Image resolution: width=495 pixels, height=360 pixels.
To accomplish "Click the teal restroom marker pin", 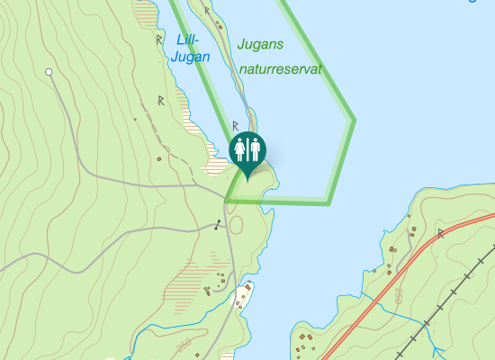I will coord(247,150).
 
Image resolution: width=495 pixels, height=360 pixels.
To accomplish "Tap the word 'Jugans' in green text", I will coord(261,43).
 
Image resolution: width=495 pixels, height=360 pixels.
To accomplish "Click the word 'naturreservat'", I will coord(280,67).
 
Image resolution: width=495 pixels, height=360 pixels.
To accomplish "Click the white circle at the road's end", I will coord(49,71).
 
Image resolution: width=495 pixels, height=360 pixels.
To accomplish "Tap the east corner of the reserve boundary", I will coord(354,119).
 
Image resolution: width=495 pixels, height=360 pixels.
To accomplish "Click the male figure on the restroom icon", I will coord(255,148).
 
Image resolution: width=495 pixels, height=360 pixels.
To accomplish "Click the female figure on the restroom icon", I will coord(240,148).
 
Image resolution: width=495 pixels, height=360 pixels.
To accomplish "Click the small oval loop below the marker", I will coord(235,223).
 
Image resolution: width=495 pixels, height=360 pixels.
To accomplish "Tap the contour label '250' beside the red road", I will coord(395,296).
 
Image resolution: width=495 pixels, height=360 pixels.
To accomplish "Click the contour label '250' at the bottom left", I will coord(184,346).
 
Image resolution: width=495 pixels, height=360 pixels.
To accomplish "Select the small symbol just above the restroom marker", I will coord(235,125).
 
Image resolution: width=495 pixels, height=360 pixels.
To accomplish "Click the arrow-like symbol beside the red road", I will coord(441,233).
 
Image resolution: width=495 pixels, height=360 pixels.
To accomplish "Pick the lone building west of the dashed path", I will coord(158,159).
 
